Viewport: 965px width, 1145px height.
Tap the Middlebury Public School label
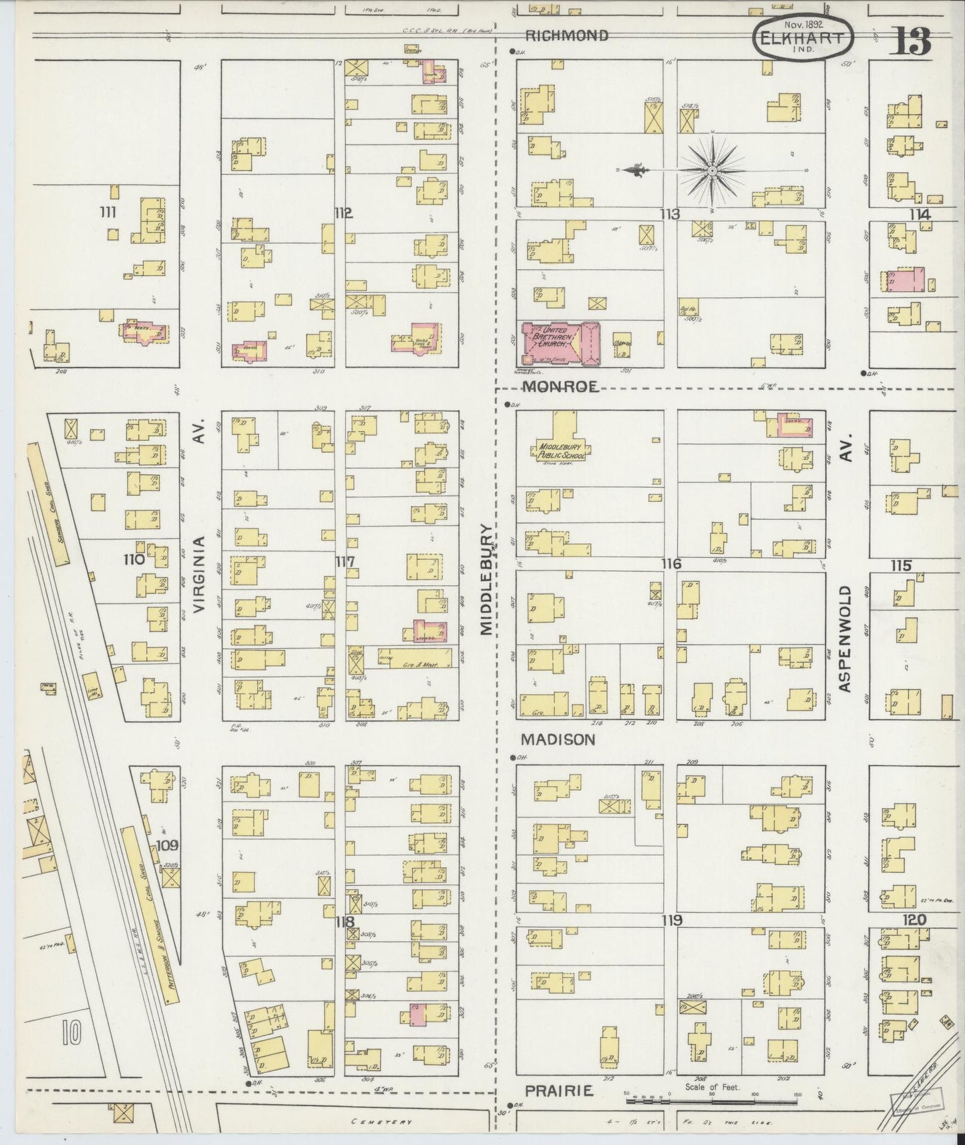coord(561,451)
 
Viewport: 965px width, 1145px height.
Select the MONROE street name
coord(560,386)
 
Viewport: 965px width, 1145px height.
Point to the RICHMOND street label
coord(566,35)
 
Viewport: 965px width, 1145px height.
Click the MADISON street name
coord(558,740)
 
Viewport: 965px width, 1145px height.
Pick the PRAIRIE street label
coord(558,1090)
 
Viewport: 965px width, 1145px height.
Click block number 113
coord(670,214)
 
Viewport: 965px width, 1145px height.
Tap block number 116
coord(671,564)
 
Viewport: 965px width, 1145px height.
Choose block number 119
coord(672,921)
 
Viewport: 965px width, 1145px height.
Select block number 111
coord(107,212)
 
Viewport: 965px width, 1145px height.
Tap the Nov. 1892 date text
coord(804,24)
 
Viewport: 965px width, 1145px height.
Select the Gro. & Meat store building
coord(419,657)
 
